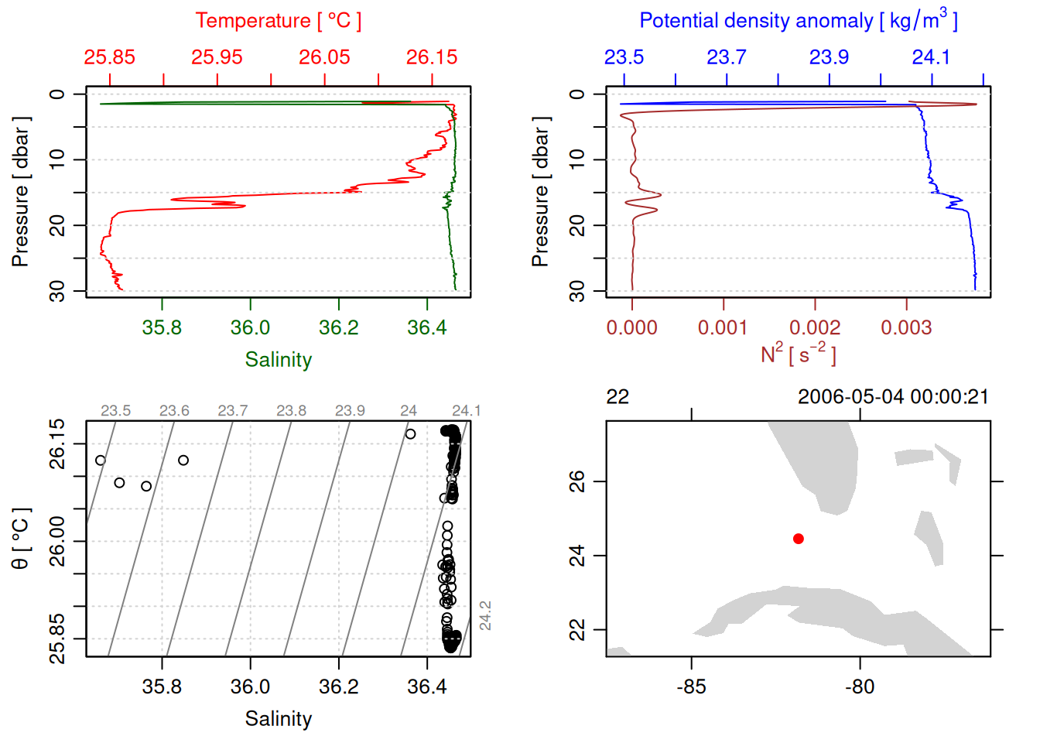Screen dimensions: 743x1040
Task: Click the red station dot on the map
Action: tap(798, 539)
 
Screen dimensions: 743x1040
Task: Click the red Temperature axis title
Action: tap(278, 21)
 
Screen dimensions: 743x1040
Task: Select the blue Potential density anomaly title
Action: tap(798, 20)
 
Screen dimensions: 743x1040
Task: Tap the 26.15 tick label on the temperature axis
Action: tap(432, 57)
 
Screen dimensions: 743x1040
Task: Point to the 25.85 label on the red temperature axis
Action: tap(109, 57)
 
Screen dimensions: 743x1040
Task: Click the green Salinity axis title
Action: tap(278, 360)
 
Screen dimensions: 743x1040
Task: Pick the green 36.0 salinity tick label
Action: tap(250, 327)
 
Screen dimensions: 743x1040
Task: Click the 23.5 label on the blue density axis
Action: tap(624, 57)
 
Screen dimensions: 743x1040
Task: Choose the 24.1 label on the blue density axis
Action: tap(931, 57)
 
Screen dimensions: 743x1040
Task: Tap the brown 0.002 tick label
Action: tap(814, 327)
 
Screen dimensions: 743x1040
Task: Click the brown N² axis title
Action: tap(798, 354)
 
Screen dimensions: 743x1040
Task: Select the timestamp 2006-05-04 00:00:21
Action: tap(893, 397)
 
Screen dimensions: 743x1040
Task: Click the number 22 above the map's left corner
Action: tap(617, 397)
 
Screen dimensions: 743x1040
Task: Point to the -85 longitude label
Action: tap(691, 687)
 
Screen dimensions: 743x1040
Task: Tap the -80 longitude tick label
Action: tap(860, 687)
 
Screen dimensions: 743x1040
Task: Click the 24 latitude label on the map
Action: tap(577, 556)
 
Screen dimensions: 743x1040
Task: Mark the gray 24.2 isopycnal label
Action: tap(485, 615)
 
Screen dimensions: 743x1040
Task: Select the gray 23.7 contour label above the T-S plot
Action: tap(232, 411)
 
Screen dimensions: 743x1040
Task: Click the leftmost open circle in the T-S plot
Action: tap(101, 461)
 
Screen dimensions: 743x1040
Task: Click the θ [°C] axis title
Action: tap(20, 539)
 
